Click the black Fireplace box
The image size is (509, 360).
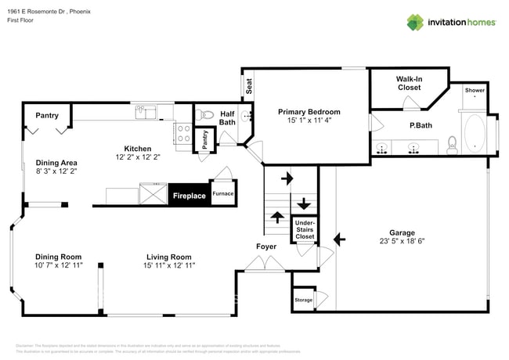point(189,196)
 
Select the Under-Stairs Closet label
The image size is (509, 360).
point(305,229)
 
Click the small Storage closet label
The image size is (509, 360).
point(303,300)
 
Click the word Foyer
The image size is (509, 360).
point(266,247)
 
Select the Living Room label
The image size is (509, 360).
point(169,257)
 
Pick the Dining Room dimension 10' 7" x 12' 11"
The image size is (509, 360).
point(59,266)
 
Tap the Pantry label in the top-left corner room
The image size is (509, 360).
point(47,116)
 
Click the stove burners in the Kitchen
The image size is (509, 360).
point(184,133)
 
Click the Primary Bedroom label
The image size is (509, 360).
point(309,112)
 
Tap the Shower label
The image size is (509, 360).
point(475,91)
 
